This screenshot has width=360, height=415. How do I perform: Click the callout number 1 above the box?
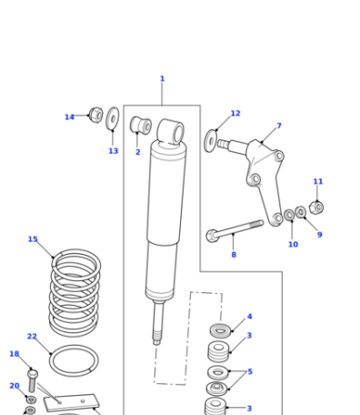coord(162,78)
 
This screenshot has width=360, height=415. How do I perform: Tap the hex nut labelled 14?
coord(96,115)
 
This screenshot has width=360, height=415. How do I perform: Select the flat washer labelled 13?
coord(113,118)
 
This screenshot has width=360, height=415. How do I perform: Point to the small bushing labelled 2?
coord(141,125)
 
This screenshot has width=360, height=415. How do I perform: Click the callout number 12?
coord(235,113)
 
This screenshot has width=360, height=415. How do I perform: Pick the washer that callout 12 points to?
coord(210,141)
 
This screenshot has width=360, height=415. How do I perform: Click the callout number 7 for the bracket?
coord(279,126)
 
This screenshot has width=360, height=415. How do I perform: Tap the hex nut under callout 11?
coord(316,207)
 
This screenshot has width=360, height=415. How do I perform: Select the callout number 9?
coord(320,235)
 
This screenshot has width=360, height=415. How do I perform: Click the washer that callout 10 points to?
coord(289,215)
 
